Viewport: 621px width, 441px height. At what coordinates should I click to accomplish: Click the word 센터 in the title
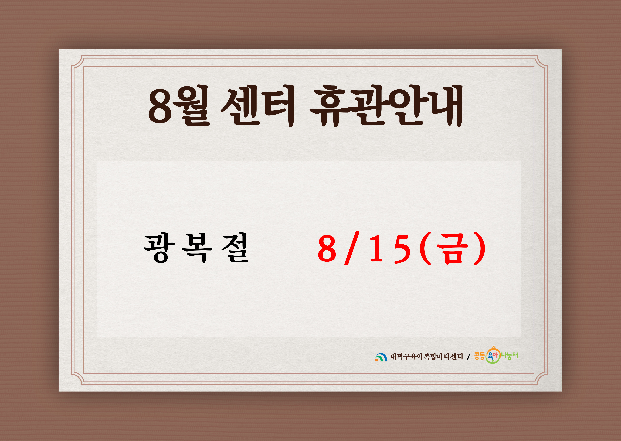[258, 106]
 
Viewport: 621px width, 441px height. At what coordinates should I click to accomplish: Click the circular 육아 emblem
[493, 355]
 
